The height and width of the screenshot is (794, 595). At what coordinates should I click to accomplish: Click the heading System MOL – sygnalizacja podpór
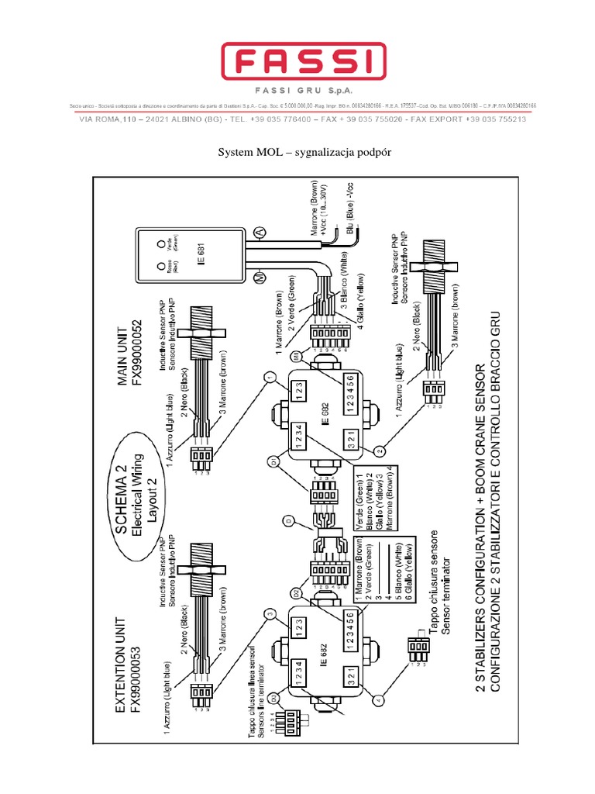298,152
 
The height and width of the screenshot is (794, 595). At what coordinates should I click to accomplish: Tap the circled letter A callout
260,231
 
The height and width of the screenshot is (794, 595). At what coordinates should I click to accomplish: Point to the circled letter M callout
261,277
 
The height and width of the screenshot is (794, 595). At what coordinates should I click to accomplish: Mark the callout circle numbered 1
269,378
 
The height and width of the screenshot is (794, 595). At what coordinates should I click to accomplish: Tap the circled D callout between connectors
288,521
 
